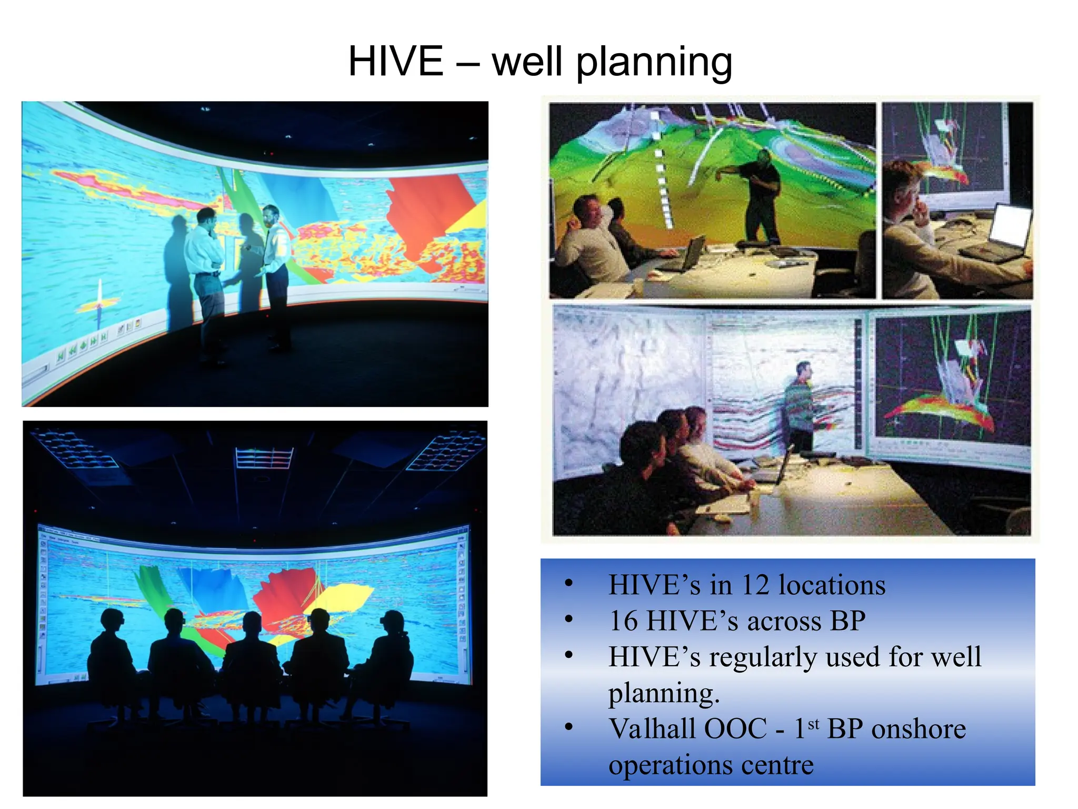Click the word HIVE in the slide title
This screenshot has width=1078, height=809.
pyautogui.click(x=396, y=62)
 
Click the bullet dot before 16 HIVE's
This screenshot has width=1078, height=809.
pyautogui.click(x=568, y=619)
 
